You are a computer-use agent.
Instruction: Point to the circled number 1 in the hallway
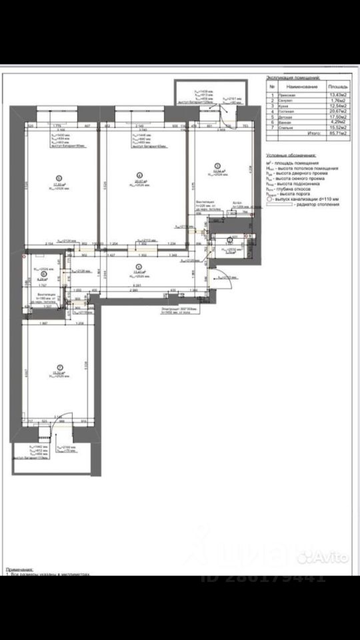pos(139,266)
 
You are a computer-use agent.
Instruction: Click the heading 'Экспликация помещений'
pos(293,78)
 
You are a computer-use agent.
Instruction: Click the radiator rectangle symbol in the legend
pos(279,204)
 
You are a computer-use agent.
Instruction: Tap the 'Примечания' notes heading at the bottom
pos(21,570)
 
